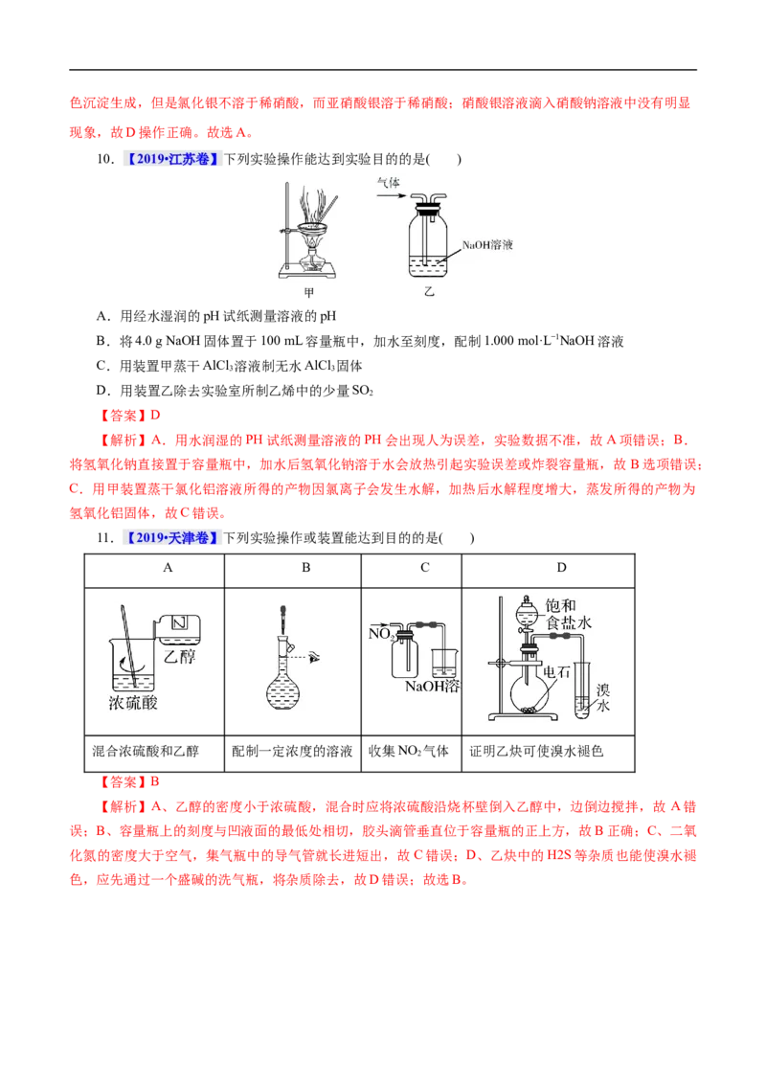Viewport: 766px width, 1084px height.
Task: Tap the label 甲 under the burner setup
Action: coord(308,293)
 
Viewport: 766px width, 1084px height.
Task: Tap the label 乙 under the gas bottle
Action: coord(429,293)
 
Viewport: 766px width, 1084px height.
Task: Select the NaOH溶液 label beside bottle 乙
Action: coord(487,245)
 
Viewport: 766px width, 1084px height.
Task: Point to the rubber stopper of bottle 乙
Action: coord(428,201)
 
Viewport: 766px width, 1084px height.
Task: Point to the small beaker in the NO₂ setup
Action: coord(443,662)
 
